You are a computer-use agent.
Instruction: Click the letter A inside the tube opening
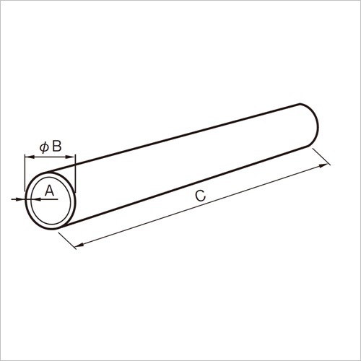(x=49, y=191)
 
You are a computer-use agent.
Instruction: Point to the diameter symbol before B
(x=43, y=147)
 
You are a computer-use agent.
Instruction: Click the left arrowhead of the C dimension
(x=80, y=244)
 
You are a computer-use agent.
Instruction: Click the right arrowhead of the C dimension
(x=323, y=165)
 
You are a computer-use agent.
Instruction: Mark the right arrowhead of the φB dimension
(x=71, y=157)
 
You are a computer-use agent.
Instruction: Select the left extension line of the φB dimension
(x=25, y=173)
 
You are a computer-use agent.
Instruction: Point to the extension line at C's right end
(x=322, y=157)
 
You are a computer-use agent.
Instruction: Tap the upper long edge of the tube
(x=188, y=136)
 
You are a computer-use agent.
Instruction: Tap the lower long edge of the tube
(x=188, y=189)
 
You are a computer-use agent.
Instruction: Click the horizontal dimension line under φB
(x=49, y=157)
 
